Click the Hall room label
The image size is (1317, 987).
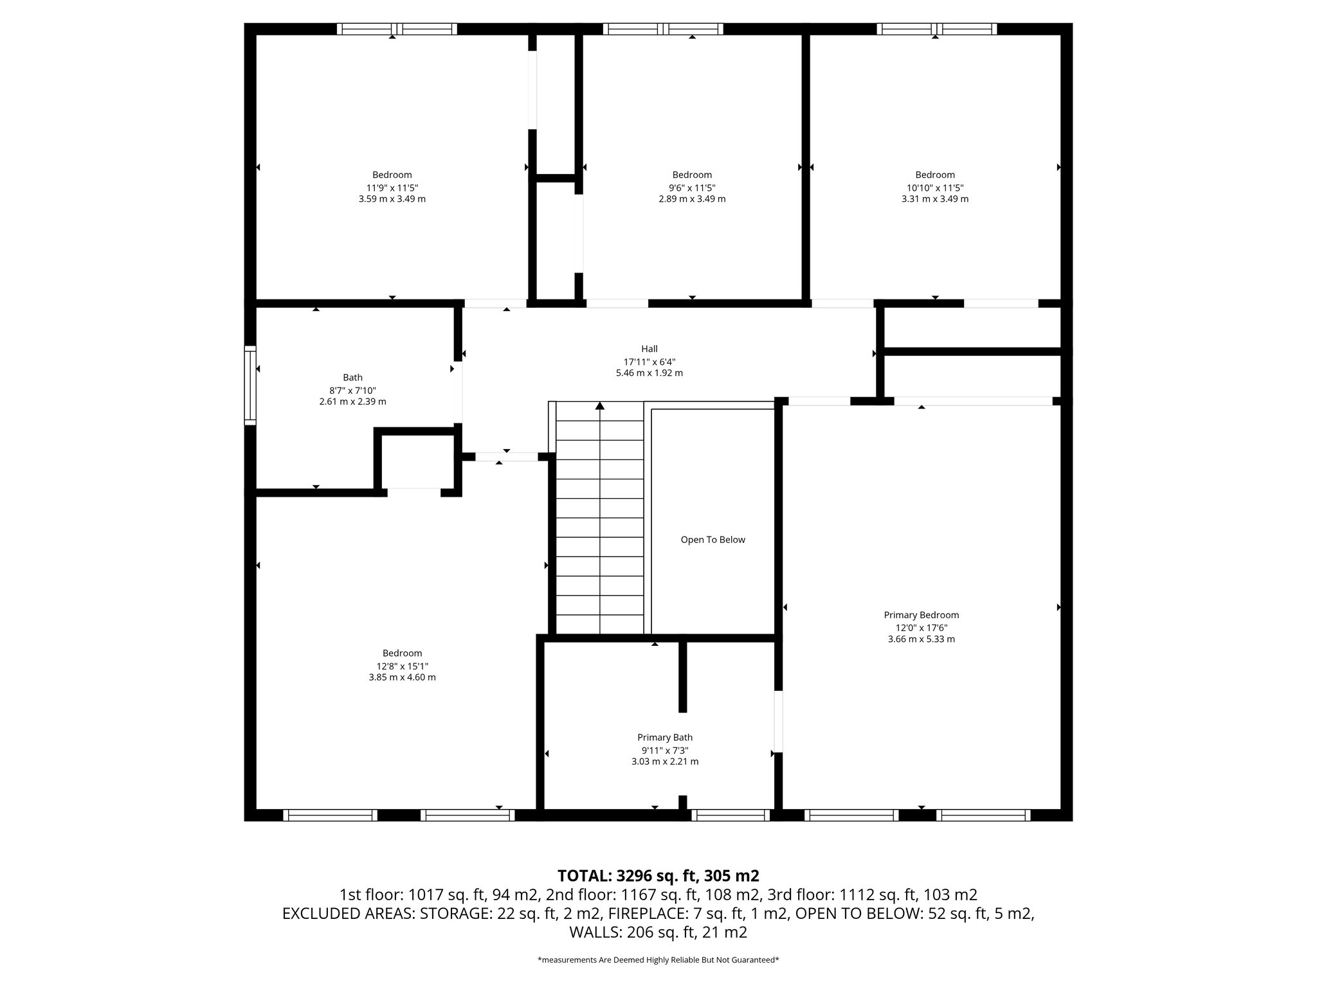[x=649, y=349]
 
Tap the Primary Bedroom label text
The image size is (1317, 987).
[x=921, y=615]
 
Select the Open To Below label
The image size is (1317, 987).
[x=713, y=540]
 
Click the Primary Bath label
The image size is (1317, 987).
[x=664, y=737]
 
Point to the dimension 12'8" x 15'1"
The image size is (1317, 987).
[x=402, y=666]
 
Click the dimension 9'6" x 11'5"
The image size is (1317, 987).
[x=692, y=188]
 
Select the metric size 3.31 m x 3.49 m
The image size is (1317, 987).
[x=934, y=199]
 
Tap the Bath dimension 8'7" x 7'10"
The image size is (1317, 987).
[x=352, y=390]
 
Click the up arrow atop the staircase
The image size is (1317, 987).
[x=600, y=406]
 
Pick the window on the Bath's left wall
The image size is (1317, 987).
[x=250, y=386]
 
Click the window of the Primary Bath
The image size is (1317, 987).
[x=731, y=815]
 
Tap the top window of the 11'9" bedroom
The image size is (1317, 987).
[x=397, y=29]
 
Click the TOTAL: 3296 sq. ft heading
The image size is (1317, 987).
[x=658, y=876]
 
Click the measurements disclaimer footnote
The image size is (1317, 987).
[x=658, y=960]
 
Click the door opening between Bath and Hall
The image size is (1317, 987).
[x=458, y=392]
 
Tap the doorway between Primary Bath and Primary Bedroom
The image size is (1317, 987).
[x=777, y=721]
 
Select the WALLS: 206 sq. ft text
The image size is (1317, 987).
[x=658, y=932]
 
